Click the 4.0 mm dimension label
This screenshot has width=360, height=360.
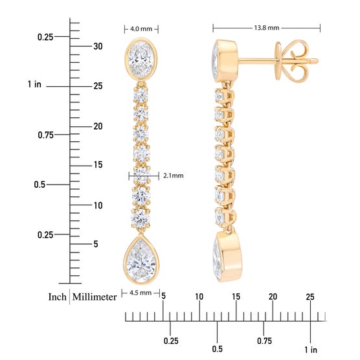141,29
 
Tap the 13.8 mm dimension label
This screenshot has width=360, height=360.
267,28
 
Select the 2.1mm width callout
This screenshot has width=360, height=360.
174,175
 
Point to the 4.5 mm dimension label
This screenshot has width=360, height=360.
141,293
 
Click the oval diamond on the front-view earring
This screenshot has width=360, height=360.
141,58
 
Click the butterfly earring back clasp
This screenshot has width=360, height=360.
292,61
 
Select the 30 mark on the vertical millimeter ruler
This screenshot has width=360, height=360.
98,47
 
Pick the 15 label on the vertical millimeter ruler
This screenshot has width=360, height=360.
98,164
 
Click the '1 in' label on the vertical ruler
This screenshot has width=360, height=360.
34,84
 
